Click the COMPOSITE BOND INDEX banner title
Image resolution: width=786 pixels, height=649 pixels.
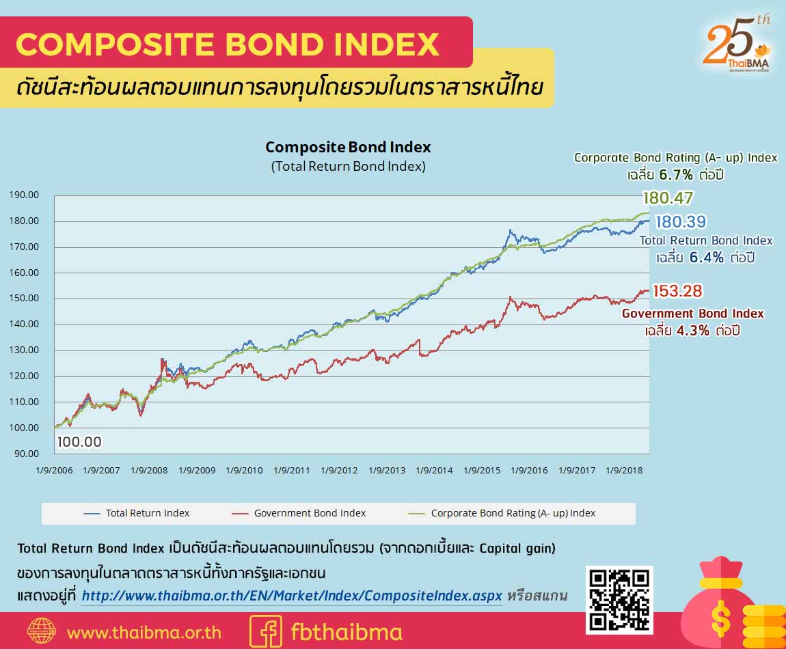pyautogui.click(x=228, y=44)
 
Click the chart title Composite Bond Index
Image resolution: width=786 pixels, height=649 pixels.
pyautogui.click(x=348, y=147)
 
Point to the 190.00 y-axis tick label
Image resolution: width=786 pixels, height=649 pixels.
pyautogui.click(x=24, y=195)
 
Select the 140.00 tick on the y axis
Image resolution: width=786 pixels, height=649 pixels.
pyautogui.click(x=24, y=324)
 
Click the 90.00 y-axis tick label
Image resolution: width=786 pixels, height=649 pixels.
pyautogui.click(x=27, y=454)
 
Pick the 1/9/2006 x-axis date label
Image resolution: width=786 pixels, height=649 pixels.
pyautogui.click(x=54, y=471)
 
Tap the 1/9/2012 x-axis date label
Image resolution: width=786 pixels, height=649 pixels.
pyautogui.click(x=339, y=471)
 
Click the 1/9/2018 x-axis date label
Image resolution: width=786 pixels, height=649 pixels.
pyautogui.click(x=624, y=471)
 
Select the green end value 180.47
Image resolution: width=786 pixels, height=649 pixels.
pyautogui.click(x=668, y=199)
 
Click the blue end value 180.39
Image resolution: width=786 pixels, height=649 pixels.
pyautogui.click(x=680, y=222)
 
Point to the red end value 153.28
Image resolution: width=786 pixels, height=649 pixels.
pyautogui.click(x=677, y=291)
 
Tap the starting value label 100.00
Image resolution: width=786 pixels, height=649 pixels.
pyautogui.click(x=79, y=442)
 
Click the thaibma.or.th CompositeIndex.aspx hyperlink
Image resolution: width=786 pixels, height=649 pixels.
pyautogui.click(x=292, y=596)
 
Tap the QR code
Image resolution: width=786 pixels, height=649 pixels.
pyautogui.click(x=620, y=599)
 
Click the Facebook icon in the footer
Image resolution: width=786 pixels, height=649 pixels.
pyautogui.click(x=266, y=631)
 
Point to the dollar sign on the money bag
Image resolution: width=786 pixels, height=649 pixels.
pyautogui.click(x=720, y=618)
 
